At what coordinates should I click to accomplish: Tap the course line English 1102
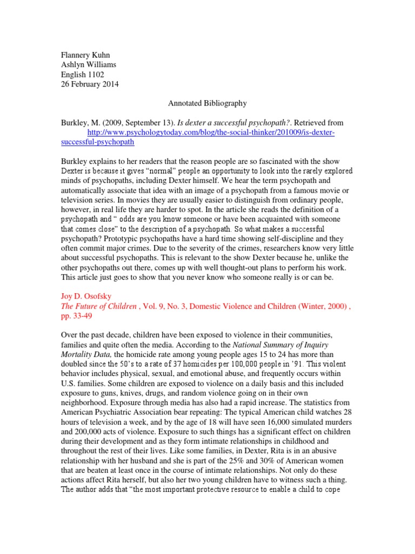click(81, 75)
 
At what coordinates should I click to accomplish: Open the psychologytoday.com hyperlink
click(211, 133)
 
